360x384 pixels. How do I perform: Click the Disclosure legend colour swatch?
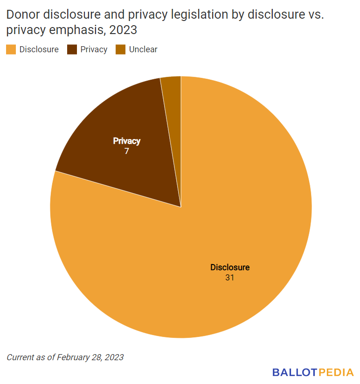11,49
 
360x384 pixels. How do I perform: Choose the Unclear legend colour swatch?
121,49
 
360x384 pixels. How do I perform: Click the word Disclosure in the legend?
39,49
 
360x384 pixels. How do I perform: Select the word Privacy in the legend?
94,49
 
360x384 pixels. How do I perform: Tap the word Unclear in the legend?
143,49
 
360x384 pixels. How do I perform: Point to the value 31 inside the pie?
229,278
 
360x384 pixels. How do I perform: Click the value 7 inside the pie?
126,151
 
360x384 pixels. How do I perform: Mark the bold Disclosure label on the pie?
230,267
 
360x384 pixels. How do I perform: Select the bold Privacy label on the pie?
126,141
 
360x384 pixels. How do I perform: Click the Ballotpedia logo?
313,372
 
